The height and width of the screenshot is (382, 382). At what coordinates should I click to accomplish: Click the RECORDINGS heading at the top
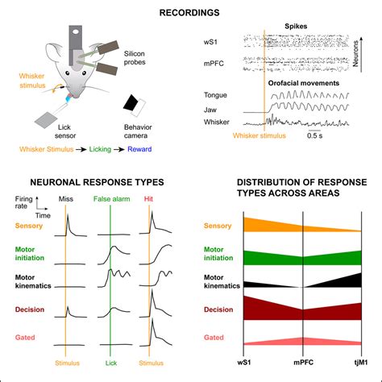(190, 13)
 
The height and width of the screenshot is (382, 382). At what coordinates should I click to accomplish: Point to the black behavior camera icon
(133, 104)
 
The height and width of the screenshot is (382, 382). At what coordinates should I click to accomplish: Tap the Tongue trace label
(218, 94)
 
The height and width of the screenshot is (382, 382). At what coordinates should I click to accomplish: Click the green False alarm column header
(111, 198)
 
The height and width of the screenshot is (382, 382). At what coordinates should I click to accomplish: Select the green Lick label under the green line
(110, 364)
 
